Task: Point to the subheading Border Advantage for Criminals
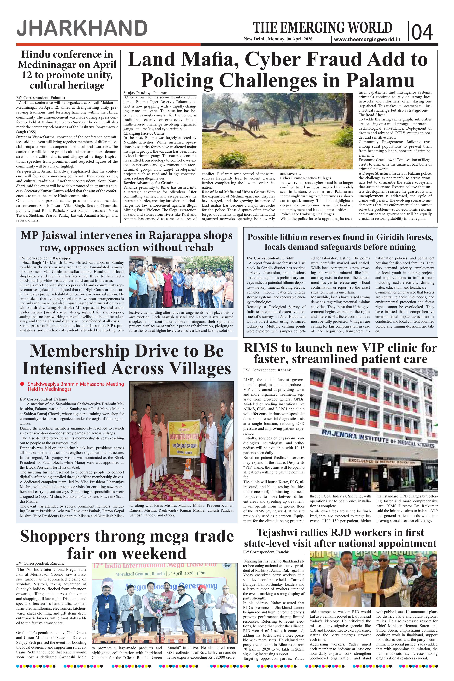pyautogui.click(x=151, y=183)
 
